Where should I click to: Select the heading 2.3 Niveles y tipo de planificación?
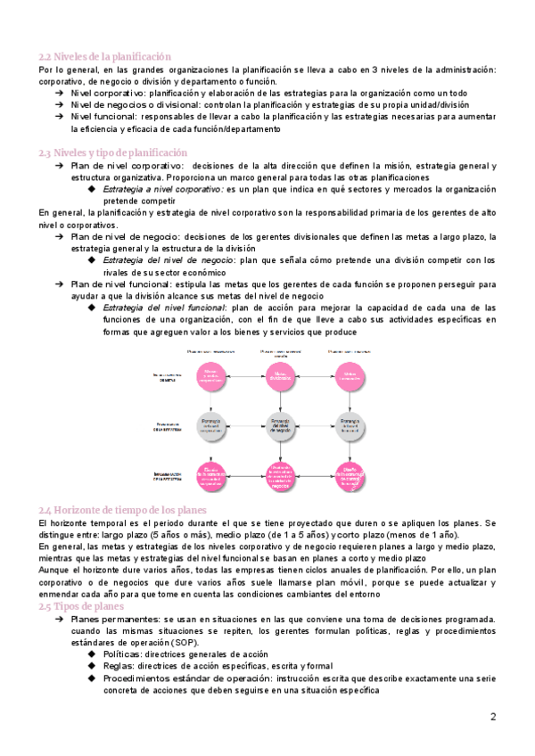point(112,152)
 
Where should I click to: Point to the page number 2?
point(493,717)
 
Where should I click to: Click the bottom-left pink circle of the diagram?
point(211,478)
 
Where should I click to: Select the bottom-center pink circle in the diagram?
point(279,478)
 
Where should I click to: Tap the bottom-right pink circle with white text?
point(350,478)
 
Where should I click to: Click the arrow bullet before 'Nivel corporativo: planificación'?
point(59,93)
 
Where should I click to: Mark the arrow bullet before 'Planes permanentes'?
point(59,618)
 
